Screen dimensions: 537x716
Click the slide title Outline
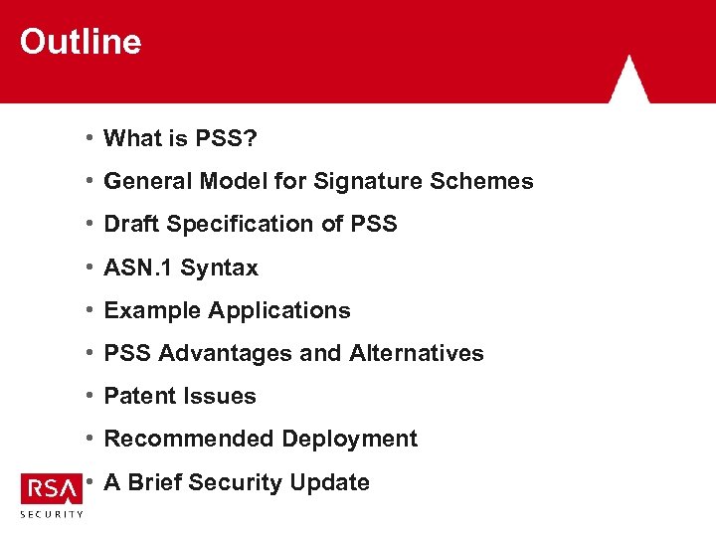click(81, 42)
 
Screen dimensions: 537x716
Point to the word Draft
click(132, 225)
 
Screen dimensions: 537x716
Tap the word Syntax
click(219, 268)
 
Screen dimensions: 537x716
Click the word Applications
click(279, 311)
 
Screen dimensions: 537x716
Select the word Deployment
click(349, 440)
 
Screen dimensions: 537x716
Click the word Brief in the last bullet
click(153, 482)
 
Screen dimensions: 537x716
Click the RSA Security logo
click(52, 494)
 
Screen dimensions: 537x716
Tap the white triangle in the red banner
click(628, 81)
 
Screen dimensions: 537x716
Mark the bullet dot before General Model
click(89, 181)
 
